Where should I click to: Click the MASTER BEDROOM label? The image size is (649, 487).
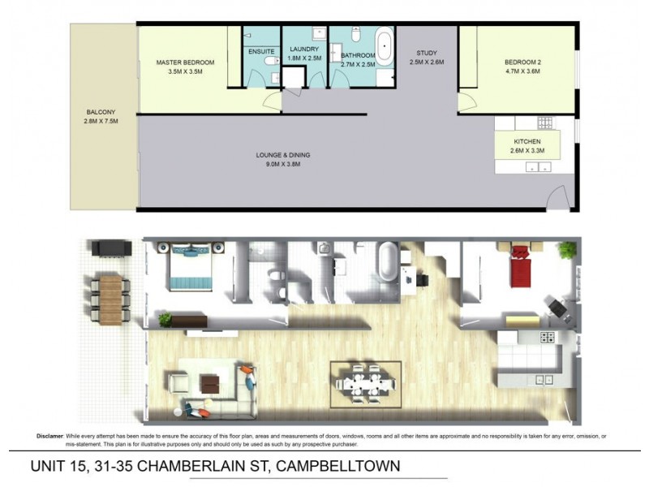point(185,62)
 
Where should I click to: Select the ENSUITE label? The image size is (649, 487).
point(261,50)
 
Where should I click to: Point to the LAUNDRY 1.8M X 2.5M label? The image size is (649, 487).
point(305,54)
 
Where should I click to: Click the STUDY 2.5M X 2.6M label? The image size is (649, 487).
point(428,58)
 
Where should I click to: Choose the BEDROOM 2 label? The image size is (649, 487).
point(522,67)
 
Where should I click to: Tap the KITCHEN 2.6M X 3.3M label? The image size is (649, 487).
point(527,145)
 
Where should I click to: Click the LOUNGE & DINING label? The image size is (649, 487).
point(283,159)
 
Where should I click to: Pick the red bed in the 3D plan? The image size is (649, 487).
point(518,268)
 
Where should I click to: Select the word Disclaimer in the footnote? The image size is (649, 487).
point(49,436)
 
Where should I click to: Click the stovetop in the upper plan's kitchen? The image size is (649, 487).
point(545,123)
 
